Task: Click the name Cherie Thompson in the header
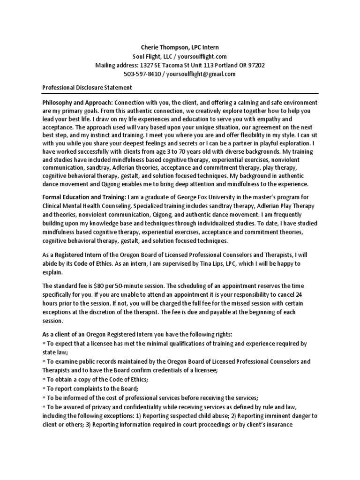click(164, 48)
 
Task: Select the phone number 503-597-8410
click(141, 74)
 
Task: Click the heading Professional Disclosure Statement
click(87, 88)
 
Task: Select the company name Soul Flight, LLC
click(151, 56)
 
